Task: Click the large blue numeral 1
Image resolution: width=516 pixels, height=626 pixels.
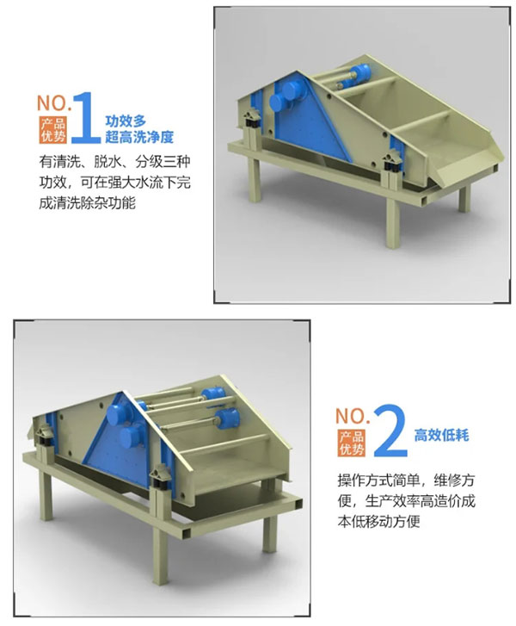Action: (x=86, y=117)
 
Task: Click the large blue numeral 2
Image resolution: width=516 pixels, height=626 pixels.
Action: (x=390, y=431)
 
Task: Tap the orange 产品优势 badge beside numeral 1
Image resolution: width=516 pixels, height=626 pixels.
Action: (x=53, y=130)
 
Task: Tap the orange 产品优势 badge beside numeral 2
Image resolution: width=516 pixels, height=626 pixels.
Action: (x=352, y=443)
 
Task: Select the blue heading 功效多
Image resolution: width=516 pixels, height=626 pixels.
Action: (x=126, y=121)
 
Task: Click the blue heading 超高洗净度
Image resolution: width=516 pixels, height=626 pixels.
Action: (x=139, y=137)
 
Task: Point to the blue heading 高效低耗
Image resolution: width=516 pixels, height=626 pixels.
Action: (x=441, y=435)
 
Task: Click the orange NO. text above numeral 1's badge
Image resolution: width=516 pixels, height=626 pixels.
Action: (x=54, y=103)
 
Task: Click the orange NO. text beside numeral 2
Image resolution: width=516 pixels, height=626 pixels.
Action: (x=353, y=416)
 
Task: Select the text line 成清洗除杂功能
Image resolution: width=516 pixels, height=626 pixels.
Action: (x=88, y=203)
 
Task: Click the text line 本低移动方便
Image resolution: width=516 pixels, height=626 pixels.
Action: (x=378, y=521)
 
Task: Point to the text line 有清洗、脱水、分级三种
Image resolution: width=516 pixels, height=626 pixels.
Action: (x=115, y=162)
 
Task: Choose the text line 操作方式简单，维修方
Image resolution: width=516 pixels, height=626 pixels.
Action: (x=406, y=480)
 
